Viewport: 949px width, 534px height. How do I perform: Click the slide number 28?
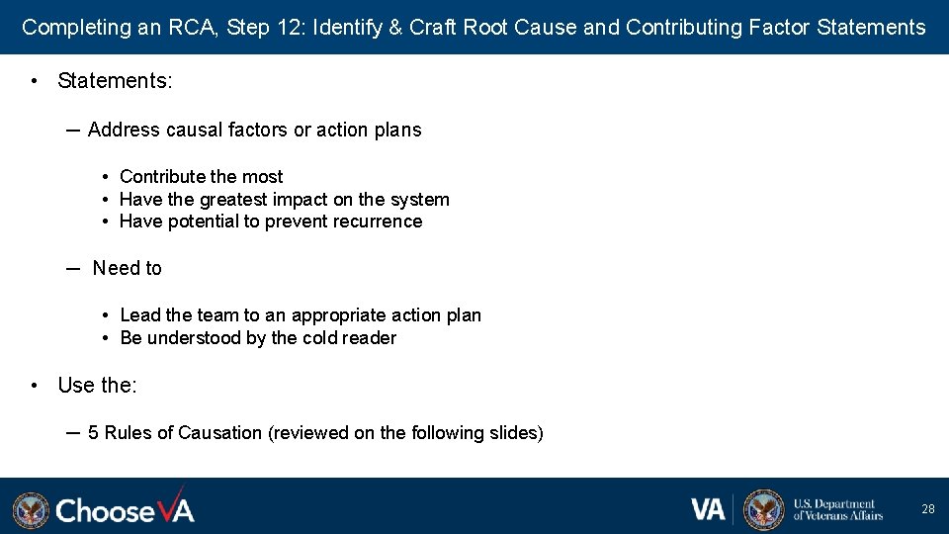click(x=927, y=509)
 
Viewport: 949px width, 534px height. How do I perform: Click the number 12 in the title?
click(x=292, y=28)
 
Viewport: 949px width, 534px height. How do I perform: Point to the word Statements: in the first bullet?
click(x=115, y=81)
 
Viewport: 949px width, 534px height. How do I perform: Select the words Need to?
click(x=127, y=268)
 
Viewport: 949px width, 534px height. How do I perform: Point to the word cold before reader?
click(x=319, y=338)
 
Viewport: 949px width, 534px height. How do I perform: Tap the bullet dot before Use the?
click(x=35, y=386)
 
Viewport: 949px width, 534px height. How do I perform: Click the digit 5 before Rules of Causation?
click(x=94, y=433)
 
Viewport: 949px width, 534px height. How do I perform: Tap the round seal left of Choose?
click(x=31, y=510)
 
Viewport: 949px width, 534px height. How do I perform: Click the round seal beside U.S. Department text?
click(x=763, y=509)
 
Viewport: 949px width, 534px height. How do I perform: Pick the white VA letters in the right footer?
click(x=708, y=509)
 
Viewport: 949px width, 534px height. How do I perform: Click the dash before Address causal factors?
click(x=73, y=130)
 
